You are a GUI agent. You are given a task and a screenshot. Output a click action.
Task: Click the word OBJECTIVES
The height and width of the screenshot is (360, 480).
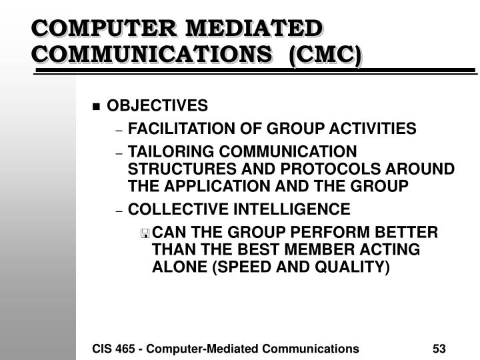[158, 106]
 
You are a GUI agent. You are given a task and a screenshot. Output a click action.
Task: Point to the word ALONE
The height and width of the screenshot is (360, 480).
[175, 267]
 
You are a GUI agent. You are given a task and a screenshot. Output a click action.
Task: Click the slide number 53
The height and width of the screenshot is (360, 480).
[439, 348]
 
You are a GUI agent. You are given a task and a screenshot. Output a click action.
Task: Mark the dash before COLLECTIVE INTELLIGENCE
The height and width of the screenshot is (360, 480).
[119, 211]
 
